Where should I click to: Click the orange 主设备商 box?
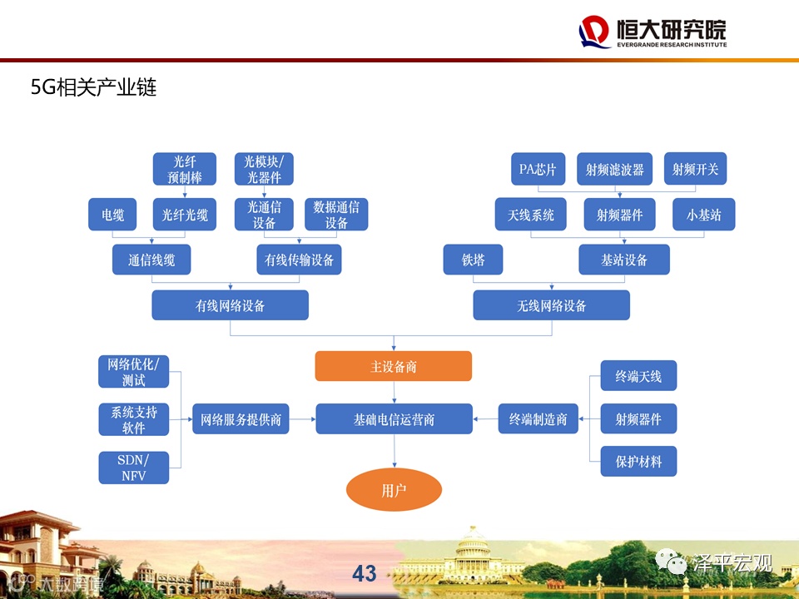(393, 366)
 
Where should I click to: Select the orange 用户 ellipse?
(394, 490)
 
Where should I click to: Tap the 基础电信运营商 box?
(394, 419)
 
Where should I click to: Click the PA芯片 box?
(537, 170)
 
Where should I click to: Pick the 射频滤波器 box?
(614, 170)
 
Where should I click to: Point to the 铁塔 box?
(473, 260)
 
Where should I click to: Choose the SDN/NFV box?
(133, 468)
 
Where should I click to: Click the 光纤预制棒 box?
(184, 169)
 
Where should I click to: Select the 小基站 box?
(704, 215)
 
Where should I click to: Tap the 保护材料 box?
(638, 461)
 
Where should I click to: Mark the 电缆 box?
(112, 215)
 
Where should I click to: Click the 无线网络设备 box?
(551, 305)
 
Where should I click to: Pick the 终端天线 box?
(638, 376)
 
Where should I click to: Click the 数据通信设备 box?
(336, 215)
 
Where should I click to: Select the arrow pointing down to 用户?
(394, 453)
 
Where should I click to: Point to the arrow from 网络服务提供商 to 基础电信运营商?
(302, 419)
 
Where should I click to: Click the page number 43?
(365, 573)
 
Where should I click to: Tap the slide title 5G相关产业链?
(93, 87)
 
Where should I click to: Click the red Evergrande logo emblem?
(594, 32)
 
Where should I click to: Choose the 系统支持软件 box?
(133, 419)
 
